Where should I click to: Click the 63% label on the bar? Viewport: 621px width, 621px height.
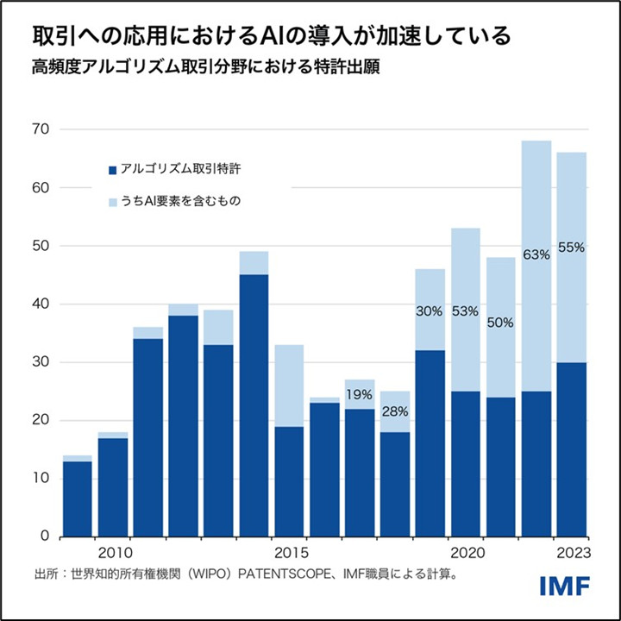(536, 254)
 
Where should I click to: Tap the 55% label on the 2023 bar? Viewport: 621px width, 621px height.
(571, 247)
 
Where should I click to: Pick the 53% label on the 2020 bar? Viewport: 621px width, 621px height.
(466, 310)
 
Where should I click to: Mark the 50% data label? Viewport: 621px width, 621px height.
(501, 323)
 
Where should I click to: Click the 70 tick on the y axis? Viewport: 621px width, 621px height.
(41, 129)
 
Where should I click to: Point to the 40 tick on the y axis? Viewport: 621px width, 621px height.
(41, 304)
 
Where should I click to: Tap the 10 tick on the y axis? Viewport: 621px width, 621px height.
(41, 479)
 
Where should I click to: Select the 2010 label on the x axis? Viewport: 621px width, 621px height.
(114, 552)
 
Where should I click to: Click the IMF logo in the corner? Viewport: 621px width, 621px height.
(565, 586)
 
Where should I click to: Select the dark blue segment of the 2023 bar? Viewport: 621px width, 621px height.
(571, 448)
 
